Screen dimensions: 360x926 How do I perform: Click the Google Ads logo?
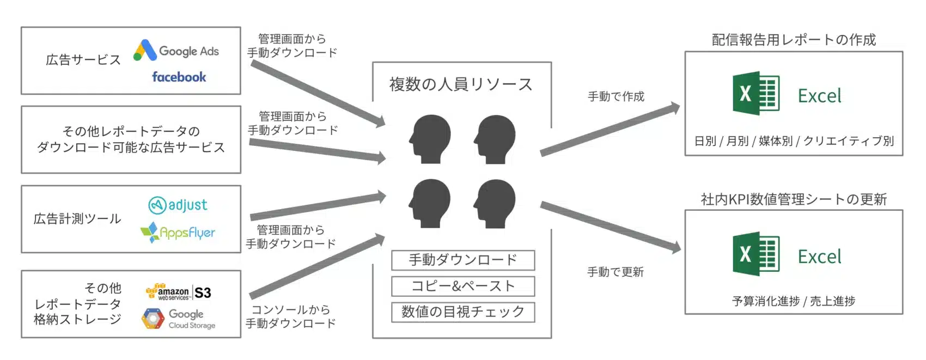176,51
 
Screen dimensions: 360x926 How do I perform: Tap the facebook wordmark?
179,77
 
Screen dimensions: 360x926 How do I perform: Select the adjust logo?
178,205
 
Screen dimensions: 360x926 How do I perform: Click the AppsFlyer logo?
178,233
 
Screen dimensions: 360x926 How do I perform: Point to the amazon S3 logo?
178,292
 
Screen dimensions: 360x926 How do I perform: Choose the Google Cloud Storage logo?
178,319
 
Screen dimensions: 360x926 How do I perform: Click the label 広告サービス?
83,60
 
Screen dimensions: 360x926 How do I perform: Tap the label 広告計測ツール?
77,219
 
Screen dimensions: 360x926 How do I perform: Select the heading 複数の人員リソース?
461,84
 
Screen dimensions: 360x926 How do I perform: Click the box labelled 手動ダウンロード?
463,260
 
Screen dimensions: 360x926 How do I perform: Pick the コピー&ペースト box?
463,286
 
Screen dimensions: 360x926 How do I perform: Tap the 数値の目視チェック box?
463,312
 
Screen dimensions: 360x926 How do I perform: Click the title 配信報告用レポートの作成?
794,40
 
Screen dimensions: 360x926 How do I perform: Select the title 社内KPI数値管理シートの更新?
794,199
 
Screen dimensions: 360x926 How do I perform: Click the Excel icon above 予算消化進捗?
756,254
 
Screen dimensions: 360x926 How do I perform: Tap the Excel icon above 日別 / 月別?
756,93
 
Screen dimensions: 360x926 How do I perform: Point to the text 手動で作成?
616,96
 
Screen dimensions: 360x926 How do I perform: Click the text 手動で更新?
616,272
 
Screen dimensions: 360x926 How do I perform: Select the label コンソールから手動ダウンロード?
291,316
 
